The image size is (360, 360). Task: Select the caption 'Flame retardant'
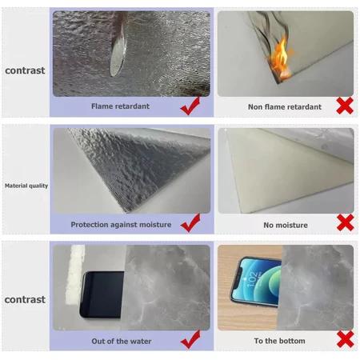coord(120,106)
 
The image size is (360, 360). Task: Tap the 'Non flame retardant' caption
coord(285,107)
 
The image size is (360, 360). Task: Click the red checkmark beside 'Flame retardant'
coord(190,106)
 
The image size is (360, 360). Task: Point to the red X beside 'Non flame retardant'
coord(345,106)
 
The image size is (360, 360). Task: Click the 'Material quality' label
coord(26,186)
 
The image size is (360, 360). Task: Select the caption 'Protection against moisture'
coord(121,225)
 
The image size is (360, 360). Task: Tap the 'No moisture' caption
coord(286,225)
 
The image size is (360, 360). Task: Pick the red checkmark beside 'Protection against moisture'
coord(190,222)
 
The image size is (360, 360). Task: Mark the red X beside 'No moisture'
coord(346,222)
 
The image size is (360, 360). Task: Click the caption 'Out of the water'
coord(122,341)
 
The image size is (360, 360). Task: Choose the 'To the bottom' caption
coord(279,341)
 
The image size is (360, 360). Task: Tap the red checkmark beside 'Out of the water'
coord(190,339)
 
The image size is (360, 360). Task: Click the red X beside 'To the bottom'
coord(346,339)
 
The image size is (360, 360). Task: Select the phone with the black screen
coord(102,294)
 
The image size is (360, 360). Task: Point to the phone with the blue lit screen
coord(256,282)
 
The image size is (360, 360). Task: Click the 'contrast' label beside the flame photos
coord(25,70)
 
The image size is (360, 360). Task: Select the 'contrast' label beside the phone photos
coord(25,299)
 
